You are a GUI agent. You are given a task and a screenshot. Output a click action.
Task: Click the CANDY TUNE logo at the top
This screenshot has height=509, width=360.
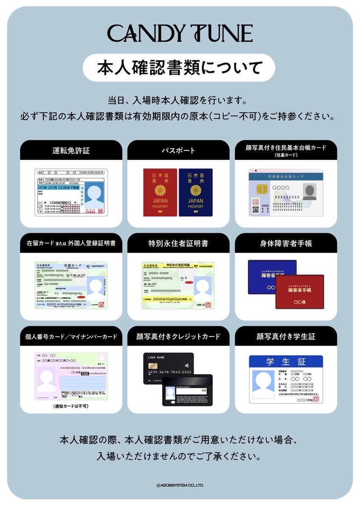pyautogui.click(x=180, y=34)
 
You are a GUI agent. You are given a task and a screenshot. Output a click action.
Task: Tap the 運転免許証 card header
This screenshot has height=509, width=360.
pyautogui.click(x=71, y=150)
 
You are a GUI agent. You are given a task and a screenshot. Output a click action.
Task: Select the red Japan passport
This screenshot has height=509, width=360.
pyautogui.click(x=160, y=193)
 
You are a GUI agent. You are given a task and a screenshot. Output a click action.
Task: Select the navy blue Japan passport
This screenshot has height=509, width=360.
pyautogui.click(x=196, y=193)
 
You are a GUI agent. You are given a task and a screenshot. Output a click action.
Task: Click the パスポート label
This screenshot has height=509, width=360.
pyautogui.click(x=178, y=150)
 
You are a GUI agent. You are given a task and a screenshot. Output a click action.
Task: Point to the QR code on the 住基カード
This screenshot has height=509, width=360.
pyautogui.click(x=256, y=209)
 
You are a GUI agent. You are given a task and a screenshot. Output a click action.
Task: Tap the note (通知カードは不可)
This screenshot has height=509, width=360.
pyautogui.click(x=71, y=406)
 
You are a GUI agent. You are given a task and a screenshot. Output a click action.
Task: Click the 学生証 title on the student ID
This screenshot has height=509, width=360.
pyautogui.click(x=286, y=362)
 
